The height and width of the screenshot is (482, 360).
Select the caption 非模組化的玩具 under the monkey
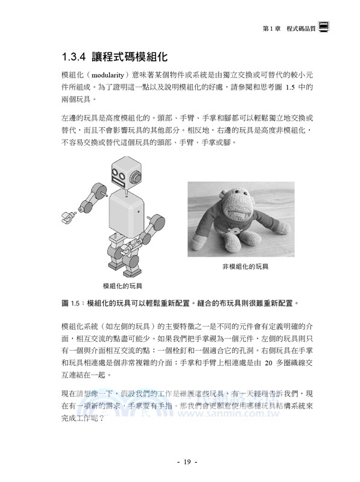pos(245,266)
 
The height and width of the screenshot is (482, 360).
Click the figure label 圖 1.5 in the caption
pos(71,302)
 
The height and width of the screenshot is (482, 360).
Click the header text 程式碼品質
pos(302,28)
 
